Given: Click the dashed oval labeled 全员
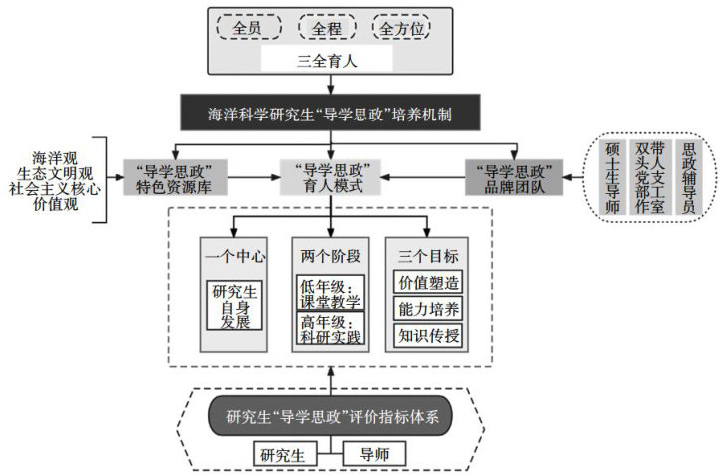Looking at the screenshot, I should [x=246, y=28].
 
